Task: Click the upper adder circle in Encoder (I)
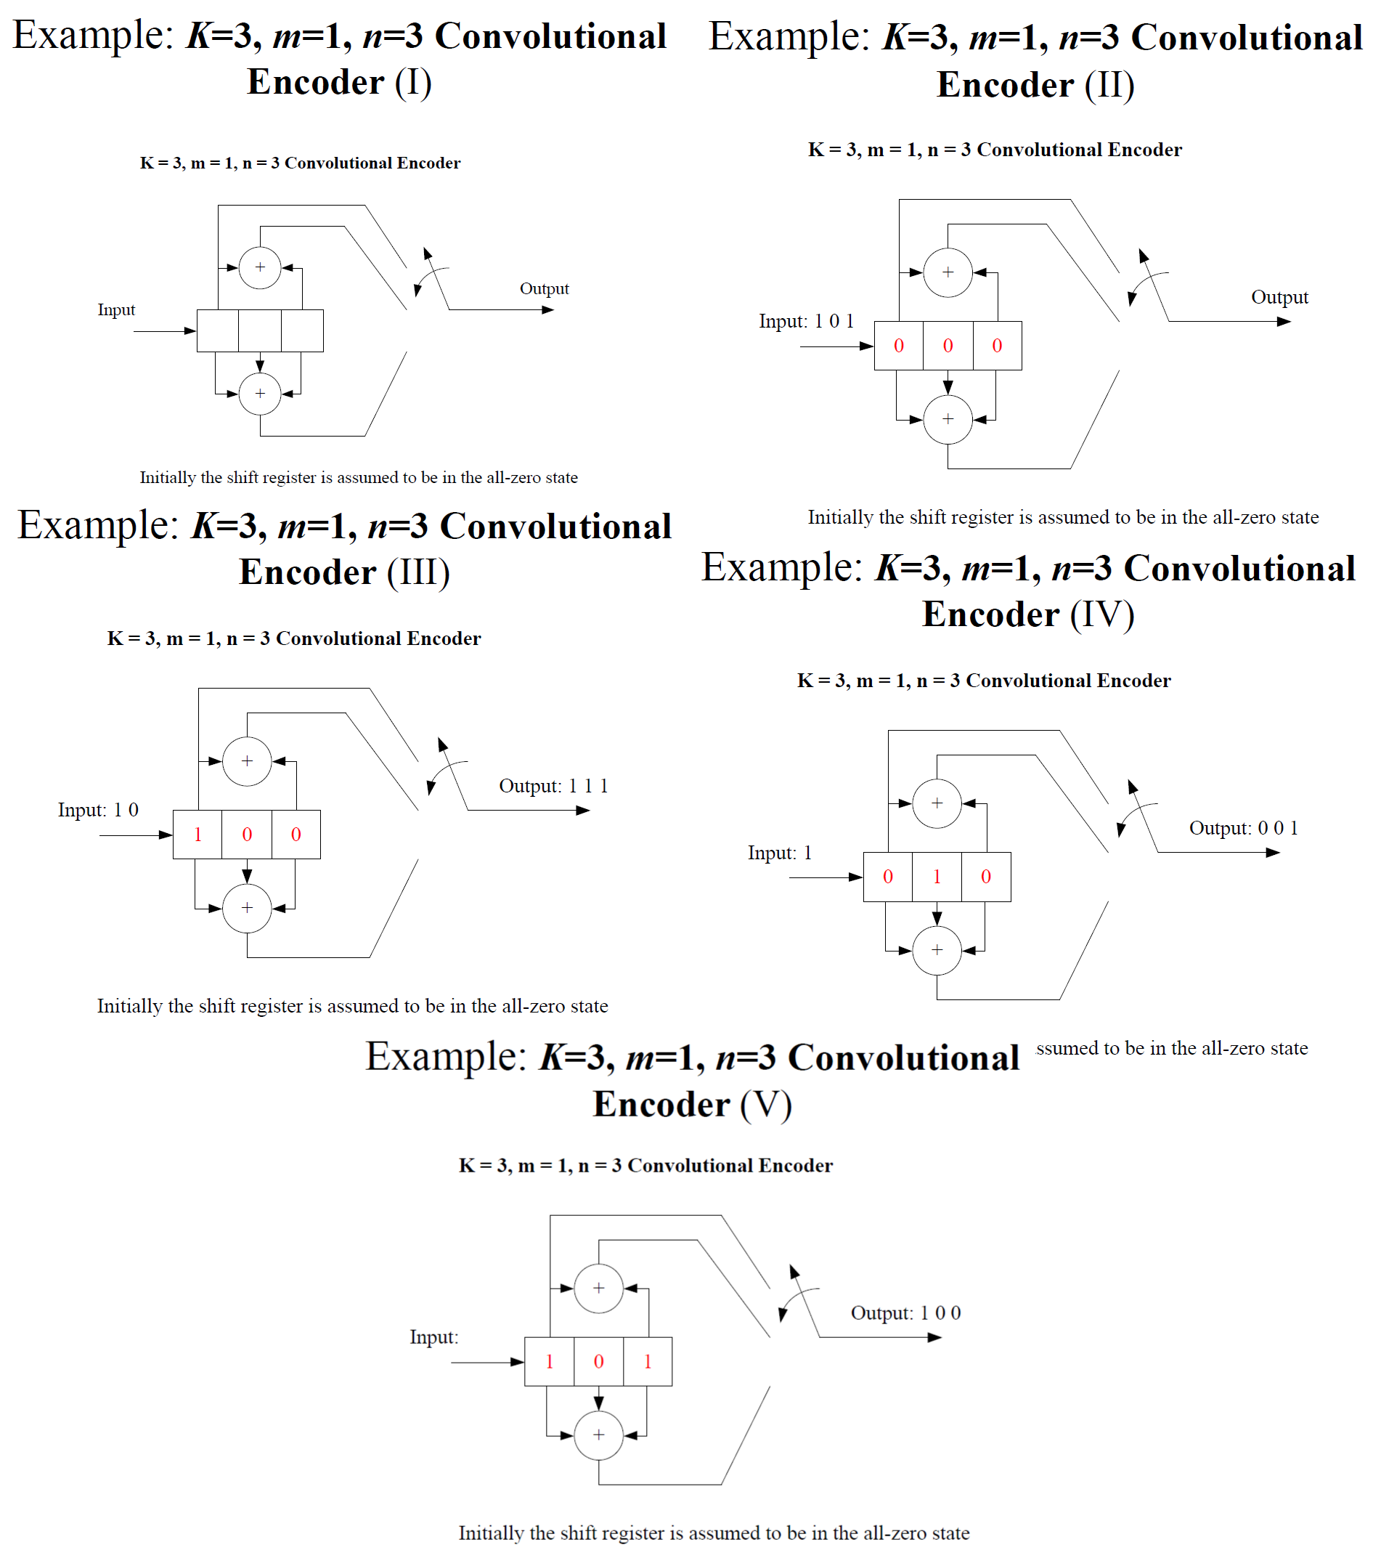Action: point(260,267)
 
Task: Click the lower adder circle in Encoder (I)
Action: point(260,393)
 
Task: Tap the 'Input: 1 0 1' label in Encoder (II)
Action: point(806,321)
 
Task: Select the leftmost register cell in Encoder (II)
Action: point(899,346)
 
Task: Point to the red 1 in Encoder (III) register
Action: point(197,835)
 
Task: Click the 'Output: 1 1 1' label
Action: point(553,786)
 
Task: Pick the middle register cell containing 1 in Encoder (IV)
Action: point(937,877)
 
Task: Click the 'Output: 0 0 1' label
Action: point(1243,828)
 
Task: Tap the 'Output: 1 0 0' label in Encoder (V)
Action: point(905,1312)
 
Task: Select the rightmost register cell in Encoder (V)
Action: point(648,1361)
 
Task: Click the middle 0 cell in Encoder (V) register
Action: point(598,1361)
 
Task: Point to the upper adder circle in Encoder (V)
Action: point(598,1289)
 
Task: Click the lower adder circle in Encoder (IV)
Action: point(937,951)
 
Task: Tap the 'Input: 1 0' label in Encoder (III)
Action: point(98,809)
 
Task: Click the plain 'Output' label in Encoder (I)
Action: point(544,289)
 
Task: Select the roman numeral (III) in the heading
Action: point(418,572)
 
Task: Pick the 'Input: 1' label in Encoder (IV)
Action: point(780,853)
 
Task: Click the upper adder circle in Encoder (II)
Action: point(948,272)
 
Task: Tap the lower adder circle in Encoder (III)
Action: point(247,908)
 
